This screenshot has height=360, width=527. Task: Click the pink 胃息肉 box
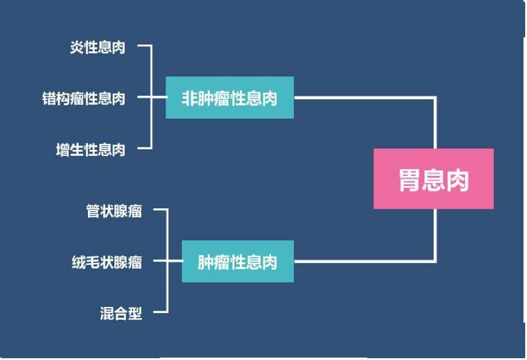click(x=434, y=179)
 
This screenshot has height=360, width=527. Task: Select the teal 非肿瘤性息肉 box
click(x=229, y=98)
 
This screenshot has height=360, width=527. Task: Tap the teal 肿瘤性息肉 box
click(x=238, y=261)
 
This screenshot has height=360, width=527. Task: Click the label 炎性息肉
click(x=98, y=48)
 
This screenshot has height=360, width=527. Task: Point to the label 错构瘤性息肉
click(x=84, y=98)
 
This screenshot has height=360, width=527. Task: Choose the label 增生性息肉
click(x=91, y=149)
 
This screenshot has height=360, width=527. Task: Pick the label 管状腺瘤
click(x=114, y=211)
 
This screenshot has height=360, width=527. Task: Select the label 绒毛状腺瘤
click(x=107, y=262)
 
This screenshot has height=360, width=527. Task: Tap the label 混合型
click(x=121, y=313)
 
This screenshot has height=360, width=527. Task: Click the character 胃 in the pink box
click(x=410, y=180)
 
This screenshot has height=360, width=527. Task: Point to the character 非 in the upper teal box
click(x=190, y=98)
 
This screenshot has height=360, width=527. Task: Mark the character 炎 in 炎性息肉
click(x=77, y=48)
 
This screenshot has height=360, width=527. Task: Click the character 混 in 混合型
click(x=107, y=313)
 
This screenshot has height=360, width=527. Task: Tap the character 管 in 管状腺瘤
click(x=93, y=211)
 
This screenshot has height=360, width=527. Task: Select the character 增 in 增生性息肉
click(x=63, y=149)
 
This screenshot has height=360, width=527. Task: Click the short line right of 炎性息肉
click(x=145, y=45)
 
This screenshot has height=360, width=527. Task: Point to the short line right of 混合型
click(x=161, y=312)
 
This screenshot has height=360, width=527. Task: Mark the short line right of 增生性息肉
click(x=145, y=147)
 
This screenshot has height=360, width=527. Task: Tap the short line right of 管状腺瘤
click(x=161, y=209)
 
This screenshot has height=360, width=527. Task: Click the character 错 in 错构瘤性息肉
click(x=49, y=98)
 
